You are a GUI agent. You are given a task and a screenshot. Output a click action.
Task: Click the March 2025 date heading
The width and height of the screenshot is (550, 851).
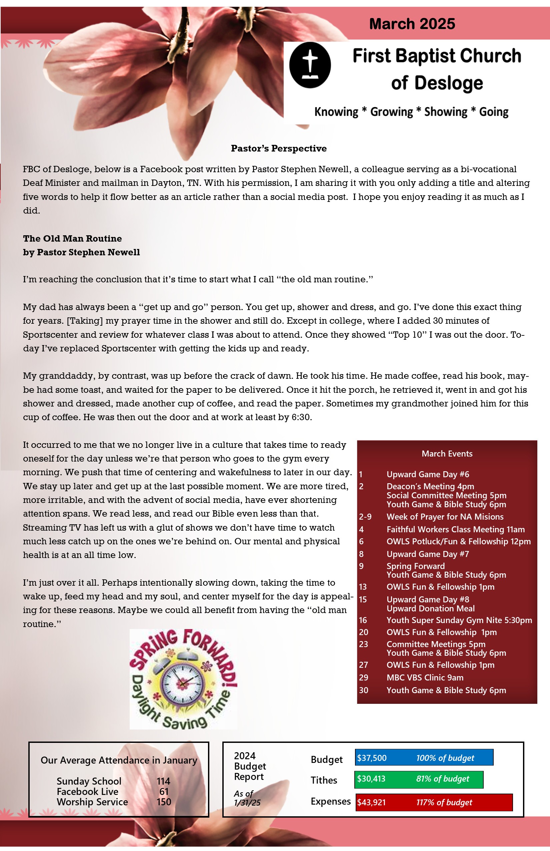[x=412, y=24]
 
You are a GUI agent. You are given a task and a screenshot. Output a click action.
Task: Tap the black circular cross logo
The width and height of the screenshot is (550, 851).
[x=310, y=65]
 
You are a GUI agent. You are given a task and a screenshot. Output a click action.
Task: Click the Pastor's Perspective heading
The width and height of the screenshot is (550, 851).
[x=279, y=149]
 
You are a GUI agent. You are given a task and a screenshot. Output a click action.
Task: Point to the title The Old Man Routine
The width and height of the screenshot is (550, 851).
[x=72, y=239]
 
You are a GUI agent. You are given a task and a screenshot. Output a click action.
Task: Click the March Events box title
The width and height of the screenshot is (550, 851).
[x=447, y=454]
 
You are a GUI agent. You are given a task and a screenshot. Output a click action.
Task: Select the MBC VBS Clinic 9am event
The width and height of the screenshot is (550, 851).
[x=425, y=677]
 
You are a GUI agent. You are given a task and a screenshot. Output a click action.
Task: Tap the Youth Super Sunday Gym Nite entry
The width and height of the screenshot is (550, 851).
[x=459, y=620]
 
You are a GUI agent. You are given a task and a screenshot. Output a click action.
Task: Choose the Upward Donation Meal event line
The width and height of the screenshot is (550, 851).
[x=430, y=608]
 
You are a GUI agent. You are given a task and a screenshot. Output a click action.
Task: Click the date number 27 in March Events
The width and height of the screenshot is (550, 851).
[x=363, y=665]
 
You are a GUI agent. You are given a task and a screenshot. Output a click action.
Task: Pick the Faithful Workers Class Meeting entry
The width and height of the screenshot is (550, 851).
[x=455, y=529]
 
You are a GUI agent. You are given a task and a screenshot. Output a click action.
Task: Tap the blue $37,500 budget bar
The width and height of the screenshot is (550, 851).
[x=424, y=758]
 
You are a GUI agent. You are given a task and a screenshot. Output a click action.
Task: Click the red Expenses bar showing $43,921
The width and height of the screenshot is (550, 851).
[x=434, y=802]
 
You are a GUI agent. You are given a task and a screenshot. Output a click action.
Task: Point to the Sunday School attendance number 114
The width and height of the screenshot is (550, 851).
[x=163, y=781]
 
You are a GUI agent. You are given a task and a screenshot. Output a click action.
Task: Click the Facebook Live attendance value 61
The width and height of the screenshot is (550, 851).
[x=164, y=792]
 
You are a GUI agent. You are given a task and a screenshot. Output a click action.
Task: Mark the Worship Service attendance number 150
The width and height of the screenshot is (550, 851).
[x=164, y=802]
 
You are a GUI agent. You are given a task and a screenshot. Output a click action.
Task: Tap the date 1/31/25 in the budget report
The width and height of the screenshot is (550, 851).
[x=247, y=803]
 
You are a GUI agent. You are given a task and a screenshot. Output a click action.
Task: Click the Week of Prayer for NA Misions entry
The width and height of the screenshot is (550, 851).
[x=445, y=517]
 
